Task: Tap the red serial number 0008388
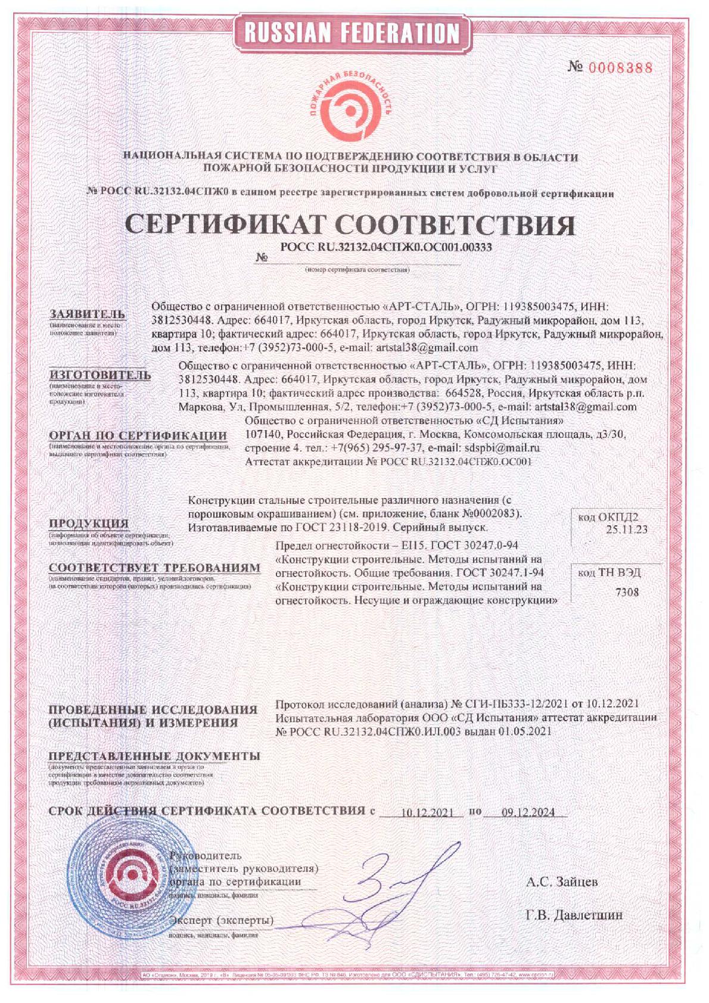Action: (620, 67)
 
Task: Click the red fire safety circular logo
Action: (352, 107)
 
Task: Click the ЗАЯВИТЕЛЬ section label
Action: (87, 314)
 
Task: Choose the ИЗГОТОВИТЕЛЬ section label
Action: (99, 375)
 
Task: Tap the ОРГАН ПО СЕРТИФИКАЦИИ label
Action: (138, 435)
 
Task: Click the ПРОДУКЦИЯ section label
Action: (89, 524)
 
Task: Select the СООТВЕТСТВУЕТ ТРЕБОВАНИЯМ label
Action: (154, 568)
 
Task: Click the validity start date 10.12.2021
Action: (428, 812)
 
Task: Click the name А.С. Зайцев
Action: (562, 881)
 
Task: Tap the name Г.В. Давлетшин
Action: (574, 915)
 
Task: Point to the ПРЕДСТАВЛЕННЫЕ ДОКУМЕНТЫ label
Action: (154, 756)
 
